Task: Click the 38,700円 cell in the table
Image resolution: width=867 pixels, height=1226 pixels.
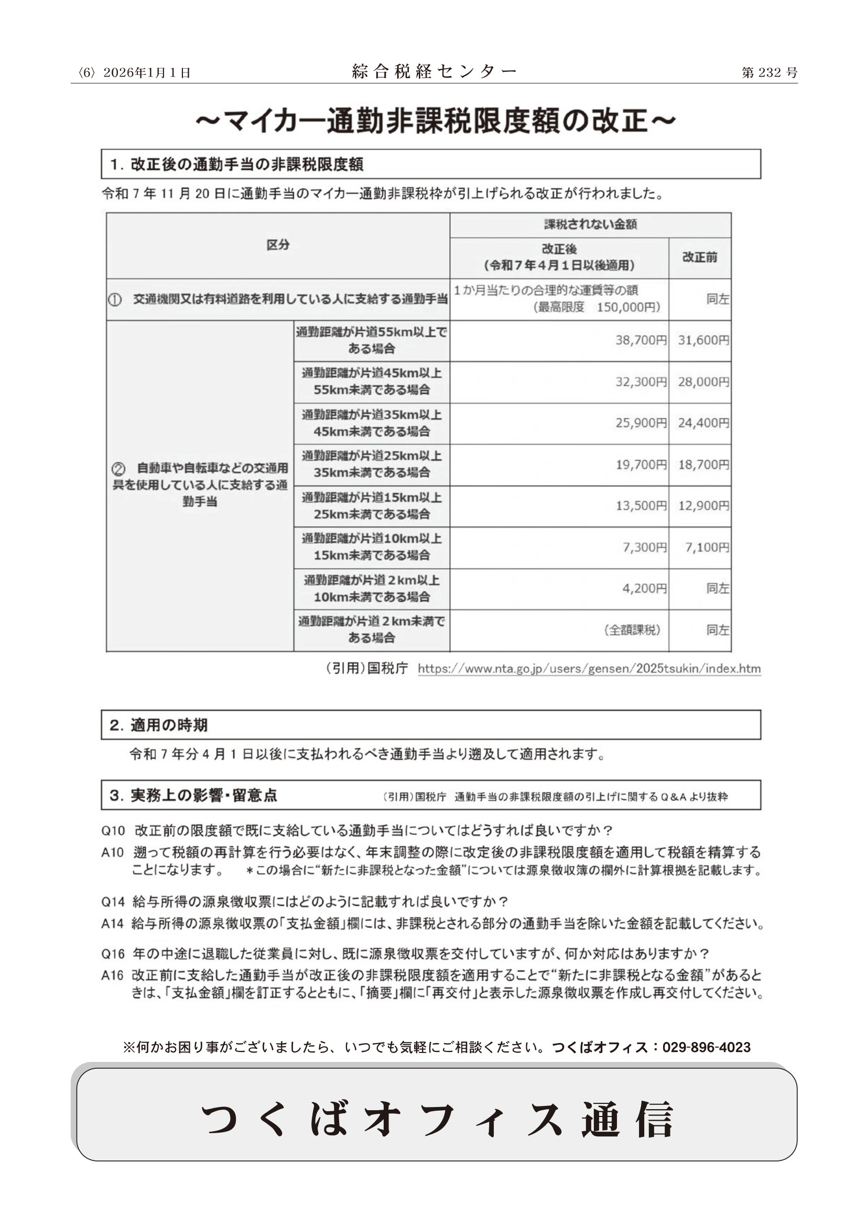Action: tap(641, 340)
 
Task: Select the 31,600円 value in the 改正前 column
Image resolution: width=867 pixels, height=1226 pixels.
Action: tap(703, 340)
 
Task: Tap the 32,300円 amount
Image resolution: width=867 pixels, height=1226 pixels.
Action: tap(641, 382)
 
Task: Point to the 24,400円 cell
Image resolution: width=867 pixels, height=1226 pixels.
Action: tap(703, 423)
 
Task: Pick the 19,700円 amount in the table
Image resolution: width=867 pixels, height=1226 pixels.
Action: tap(641, 464)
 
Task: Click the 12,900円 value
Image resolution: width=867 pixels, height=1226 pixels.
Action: tap(703, 506)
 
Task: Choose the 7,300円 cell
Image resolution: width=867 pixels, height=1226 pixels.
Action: tap(644, 547)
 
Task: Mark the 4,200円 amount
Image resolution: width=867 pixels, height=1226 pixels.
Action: tap(644, 589)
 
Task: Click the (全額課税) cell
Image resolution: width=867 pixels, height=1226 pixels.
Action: tap(632, 630)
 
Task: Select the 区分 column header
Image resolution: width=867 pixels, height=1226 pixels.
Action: tap(278, 245)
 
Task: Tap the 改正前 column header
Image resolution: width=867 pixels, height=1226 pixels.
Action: tap(699, 257)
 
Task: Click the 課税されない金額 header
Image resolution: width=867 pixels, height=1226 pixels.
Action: tap(590, 224)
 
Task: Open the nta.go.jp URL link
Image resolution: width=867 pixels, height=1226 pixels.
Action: tap(589, 668)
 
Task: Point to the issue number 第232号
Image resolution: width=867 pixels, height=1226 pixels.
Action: tap(770, 73)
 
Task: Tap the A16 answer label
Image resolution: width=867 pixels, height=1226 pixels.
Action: tap(112, 975)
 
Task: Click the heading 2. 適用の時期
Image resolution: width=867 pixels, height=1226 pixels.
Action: tap(158, 725)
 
